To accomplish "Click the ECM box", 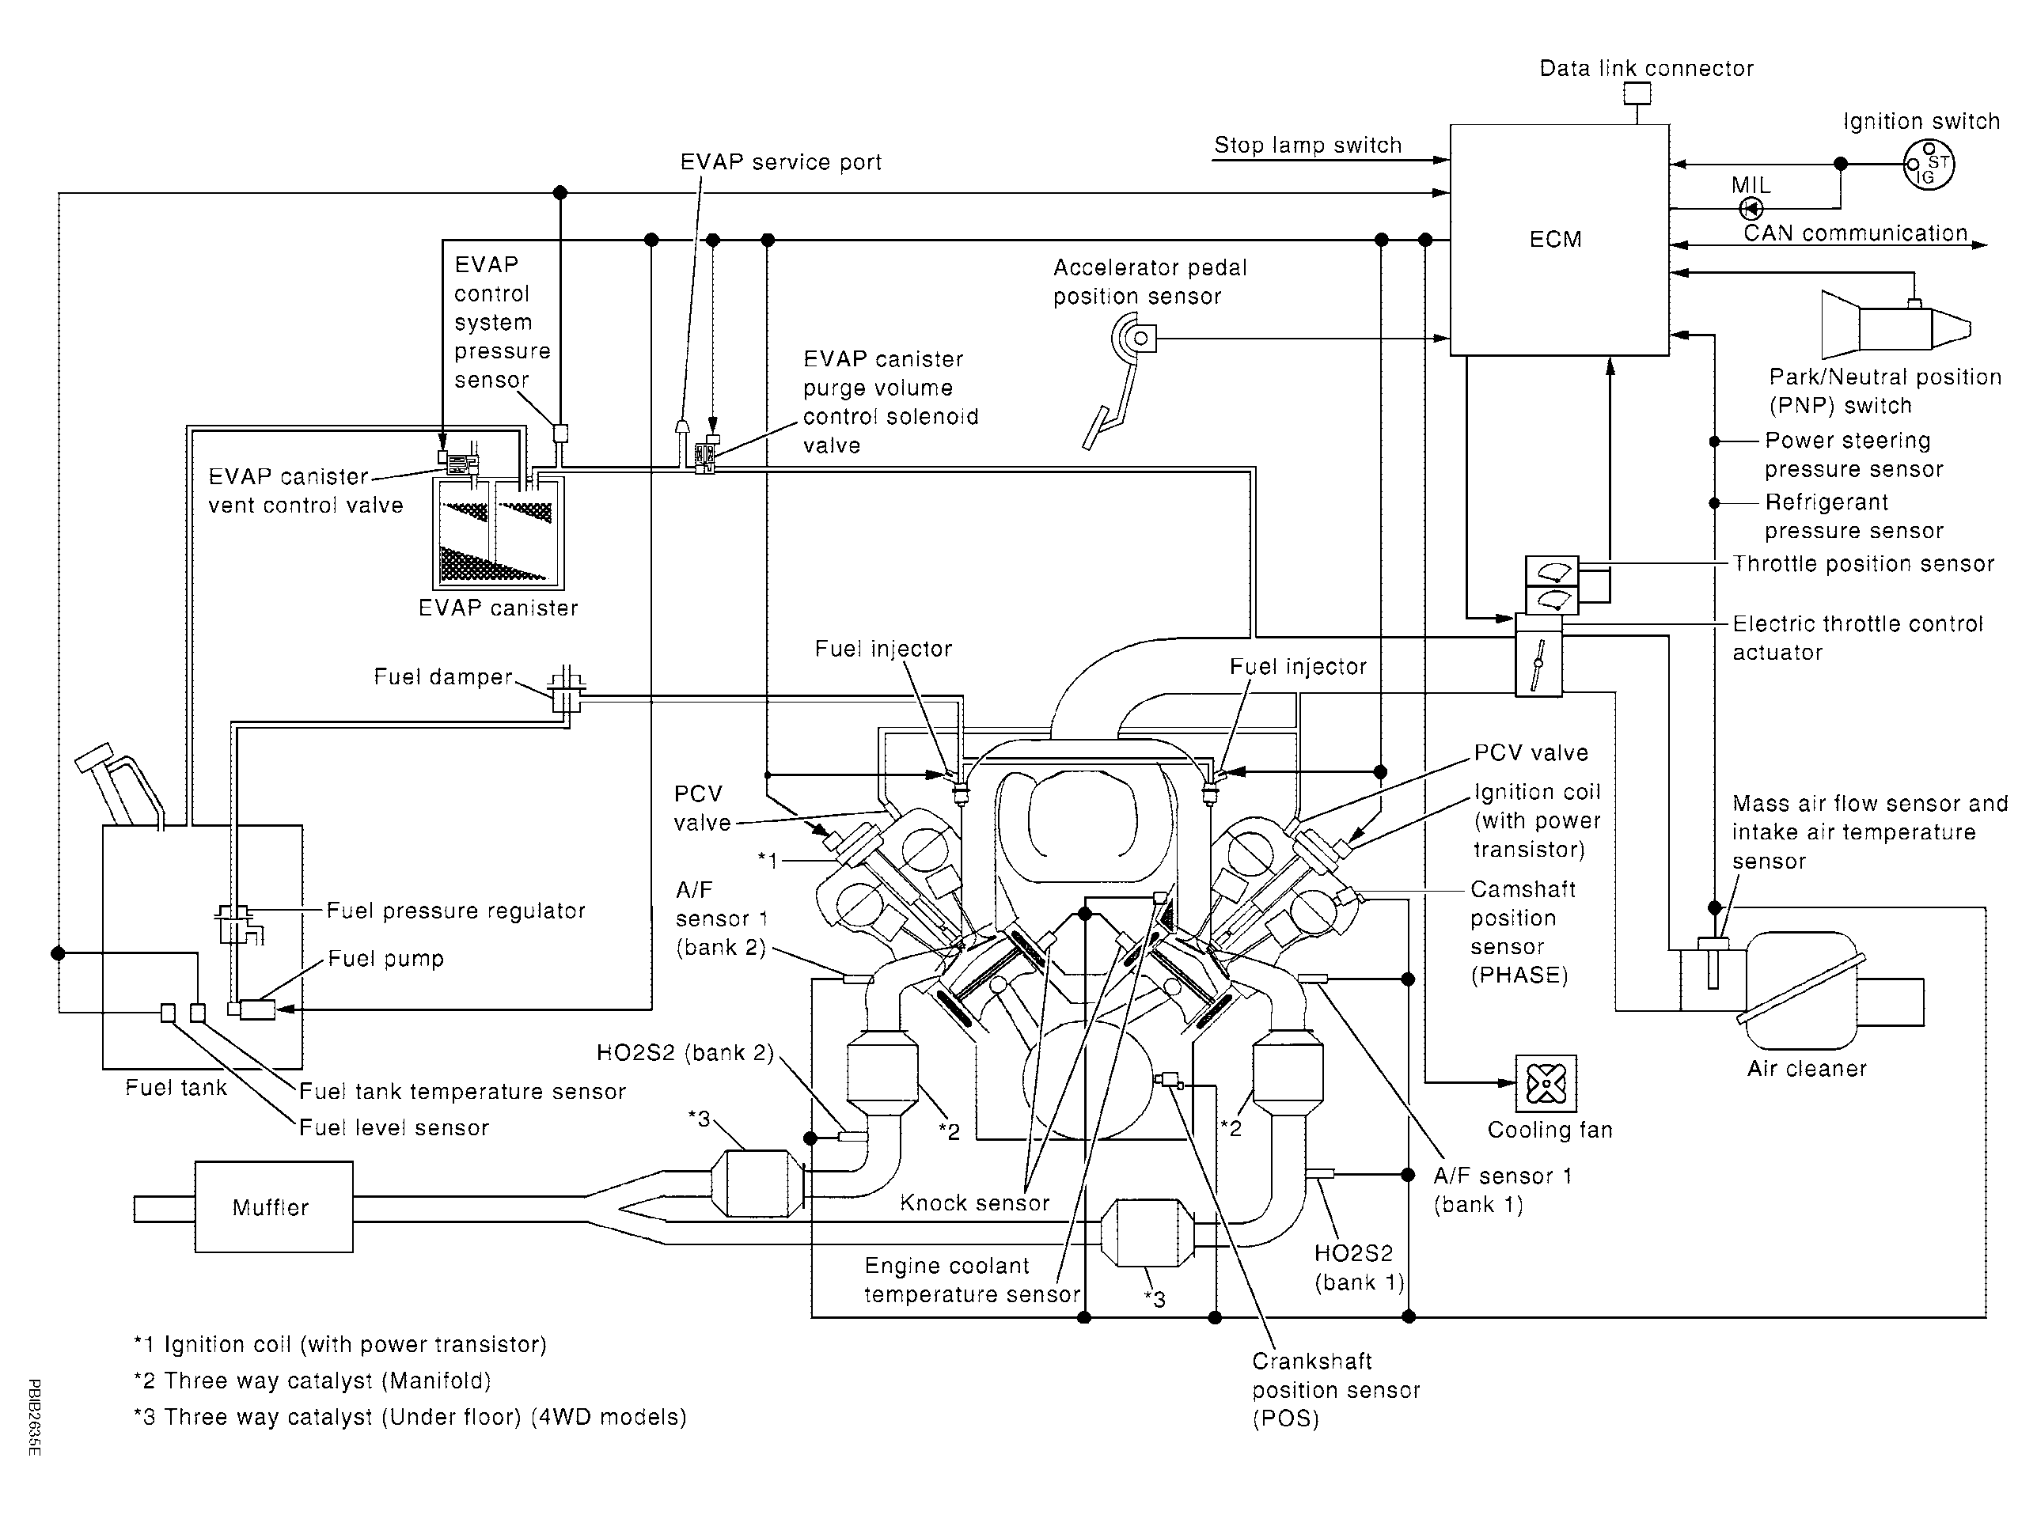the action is (1559, 240).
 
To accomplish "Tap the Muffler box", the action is (273, 1207).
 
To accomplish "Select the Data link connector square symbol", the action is (1637, 93).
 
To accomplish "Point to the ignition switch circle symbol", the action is (1928, 165).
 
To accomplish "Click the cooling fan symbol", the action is (1546, 1084).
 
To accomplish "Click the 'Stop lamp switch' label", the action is (1308, 145).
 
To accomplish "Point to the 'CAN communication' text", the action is (1856, 233).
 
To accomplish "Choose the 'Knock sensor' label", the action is (974, 1203).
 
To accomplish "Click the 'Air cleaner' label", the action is (1807, 1068).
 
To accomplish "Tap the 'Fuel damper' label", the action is (443, 676).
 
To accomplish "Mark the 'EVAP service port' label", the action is (780, 162).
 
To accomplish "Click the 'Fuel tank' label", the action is (176, 1088).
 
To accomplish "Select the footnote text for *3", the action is (410, 1417).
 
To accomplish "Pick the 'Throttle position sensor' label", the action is (1863, 563).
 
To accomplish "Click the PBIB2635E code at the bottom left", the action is (35, 1417).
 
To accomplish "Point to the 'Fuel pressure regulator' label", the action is (456, 911).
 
